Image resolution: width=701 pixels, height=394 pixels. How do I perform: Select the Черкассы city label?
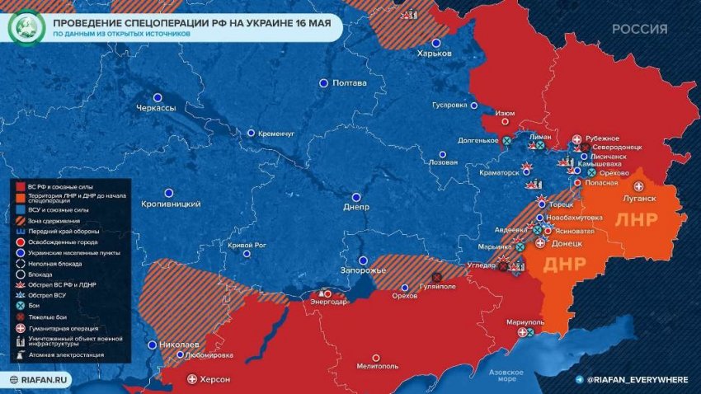coord(157,108)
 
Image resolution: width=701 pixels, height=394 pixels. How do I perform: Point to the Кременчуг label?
coord(276,134)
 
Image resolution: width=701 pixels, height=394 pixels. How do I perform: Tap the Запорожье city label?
coord(363,271)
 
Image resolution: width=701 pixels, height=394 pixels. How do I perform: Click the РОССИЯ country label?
coord(639,30)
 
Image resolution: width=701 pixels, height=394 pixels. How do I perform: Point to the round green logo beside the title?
coord(25,27)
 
